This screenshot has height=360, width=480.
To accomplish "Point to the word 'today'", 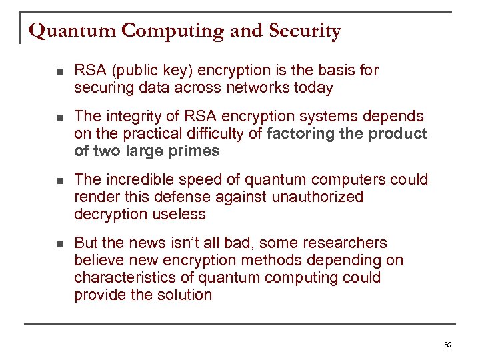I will pyautogui.click(x=315, y=88).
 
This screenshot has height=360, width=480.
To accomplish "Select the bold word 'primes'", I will pyautogui.click(x=193, y=151).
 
